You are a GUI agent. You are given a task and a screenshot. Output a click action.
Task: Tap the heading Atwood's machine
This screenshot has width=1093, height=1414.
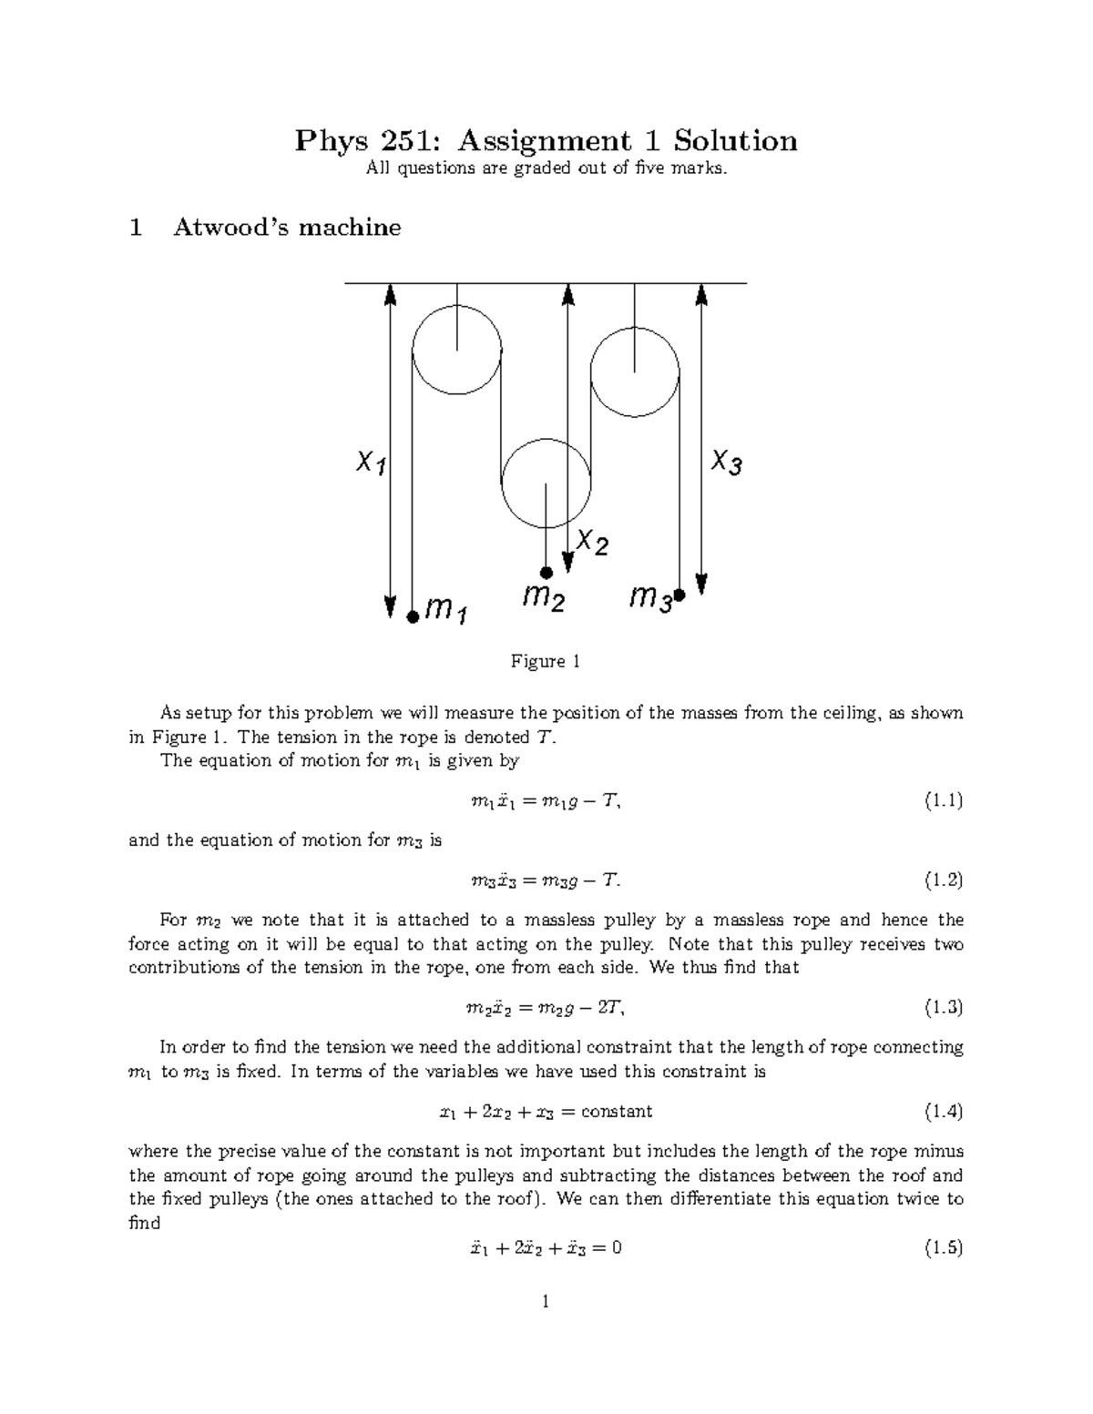click(x=287, y=227)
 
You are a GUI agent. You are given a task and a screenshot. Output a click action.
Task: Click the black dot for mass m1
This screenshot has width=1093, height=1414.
click(x=413, y=616)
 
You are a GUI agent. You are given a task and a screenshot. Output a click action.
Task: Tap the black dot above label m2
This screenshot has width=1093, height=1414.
click(x=546, y=573)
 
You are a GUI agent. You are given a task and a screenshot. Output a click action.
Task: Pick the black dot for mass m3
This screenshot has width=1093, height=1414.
click(x=679, y=595)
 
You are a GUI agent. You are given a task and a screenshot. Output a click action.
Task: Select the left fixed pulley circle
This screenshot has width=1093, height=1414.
click(x=456, y=351)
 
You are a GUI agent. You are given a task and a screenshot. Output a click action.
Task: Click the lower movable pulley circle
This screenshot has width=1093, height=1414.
click(x=546, y=483)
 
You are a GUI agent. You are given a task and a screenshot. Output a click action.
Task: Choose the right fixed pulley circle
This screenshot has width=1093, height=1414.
click(x=635, y=371)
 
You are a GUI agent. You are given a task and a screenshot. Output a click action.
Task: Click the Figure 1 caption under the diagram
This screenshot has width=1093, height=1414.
click(x=546, y=662)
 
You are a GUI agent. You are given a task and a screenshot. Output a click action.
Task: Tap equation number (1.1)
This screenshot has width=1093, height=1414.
click(x=944, y=801)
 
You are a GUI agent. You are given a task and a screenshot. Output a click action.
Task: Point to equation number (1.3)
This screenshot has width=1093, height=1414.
click(x=944, y=1007)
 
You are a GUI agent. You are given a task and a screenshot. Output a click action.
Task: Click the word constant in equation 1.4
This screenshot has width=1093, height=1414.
click(x=617, y=1112)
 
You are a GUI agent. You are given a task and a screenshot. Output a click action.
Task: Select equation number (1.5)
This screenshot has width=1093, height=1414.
click(x=944, y=1248)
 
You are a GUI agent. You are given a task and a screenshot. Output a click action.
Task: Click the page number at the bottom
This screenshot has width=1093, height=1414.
click(x=546, y=1302)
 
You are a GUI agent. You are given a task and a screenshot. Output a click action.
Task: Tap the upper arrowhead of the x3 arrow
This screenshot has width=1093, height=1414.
click(x=701, y=293)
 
